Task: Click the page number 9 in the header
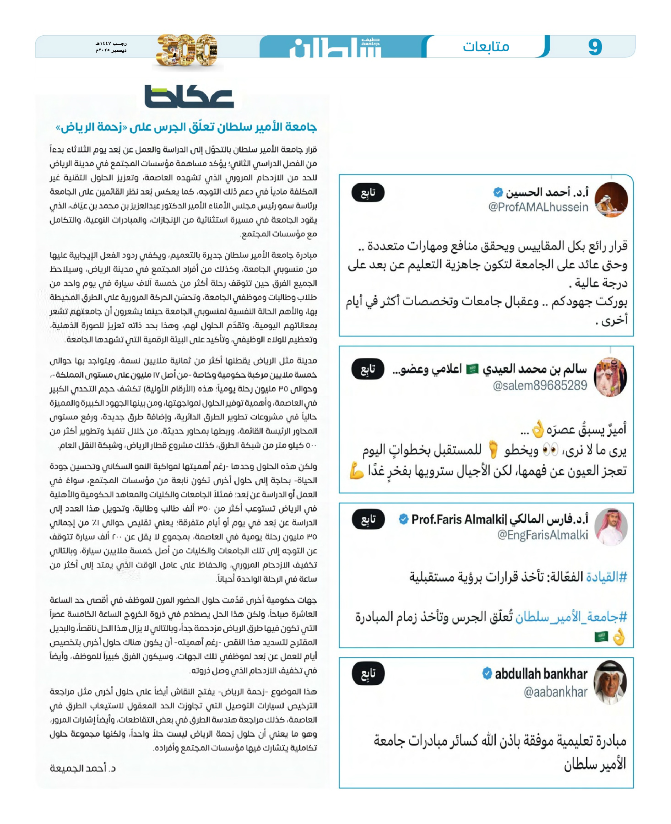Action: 595,47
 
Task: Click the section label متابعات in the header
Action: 486,47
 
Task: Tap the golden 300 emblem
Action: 186,50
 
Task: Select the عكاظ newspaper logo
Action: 189,97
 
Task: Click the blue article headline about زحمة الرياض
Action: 186,127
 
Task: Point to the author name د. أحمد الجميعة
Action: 82,768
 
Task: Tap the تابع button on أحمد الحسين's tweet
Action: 368,193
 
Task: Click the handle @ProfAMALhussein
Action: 538,207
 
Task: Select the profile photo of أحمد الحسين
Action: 611,199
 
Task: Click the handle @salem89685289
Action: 540,385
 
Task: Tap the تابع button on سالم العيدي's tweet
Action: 368,369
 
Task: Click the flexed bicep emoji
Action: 357,471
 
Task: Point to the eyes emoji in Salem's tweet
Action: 550,450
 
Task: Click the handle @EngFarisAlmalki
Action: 542,535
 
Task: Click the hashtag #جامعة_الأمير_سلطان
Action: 571,617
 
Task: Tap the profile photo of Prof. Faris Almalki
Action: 611,526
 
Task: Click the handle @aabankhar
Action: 555,692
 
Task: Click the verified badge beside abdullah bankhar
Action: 487,673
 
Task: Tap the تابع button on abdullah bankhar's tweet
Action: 368,674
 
